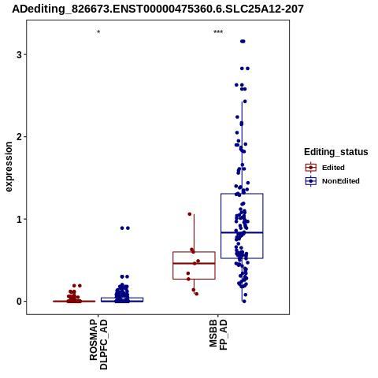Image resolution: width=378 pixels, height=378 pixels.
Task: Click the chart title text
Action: [x=157, y=9]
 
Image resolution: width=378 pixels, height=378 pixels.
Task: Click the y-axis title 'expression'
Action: [x=9, y=167]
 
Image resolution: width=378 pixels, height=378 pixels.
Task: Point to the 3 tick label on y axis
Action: [x=19, y=54]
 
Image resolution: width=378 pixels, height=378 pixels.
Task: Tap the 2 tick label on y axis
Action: [x=19, y=137]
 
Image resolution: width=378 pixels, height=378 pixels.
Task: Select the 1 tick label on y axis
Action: [x=19, y=219]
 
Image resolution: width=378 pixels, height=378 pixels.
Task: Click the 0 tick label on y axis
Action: [x=19, y=302]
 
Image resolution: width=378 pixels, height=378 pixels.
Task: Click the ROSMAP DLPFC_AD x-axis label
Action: [x=98, y=344]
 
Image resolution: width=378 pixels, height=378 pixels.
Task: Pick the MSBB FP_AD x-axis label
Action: [x=218, y=335]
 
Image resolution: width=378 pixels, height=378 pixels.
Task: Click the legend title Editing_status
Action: [x=335, y=152]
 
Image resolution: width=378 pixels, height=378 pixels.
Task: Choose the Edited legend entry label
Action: [x=333, y=168]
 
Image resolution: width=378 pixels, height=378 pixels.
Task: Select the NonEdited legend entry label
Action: [x=341, y=181]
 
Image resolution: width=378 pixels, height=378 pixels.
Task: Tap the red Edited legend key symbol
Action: [x=311, y=168]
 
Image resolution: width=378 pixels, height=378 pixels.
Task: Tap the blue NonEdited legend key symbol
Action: [x=311, y=181]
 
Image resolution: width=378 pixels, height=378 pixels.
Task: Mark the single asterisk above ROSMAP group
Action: [x=98, y=32]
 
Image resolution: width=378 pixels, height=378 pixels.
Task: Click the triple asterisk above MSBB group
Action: [x=218, y=32]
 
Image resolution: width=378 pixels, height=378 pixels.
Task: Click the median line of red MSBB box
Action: [x=194, y=263]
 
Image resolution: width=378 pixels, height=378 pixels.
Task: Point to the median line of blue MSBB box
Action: [x=242, y=232]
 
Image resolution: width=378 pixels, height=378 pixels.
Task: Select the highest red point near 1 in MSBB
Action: [x=190, y=214]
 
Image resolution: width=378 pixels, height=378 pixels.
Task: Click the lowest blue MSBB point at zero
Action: [x=244, y=302]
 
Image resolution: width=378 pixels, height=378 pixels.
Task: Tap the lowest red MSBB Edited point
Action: [x=196, y=294]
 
